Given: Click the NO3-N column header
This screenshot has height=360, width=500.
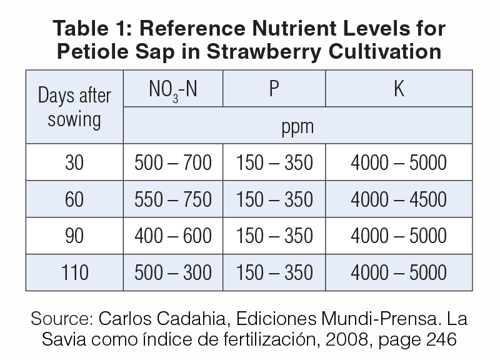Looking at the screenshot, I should tap(172, 90).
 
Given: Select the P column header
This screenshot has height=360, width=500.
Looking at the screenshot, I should tap(274, 89).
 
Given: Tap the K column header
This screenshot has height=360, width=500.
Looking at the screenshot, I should tap(399, 89).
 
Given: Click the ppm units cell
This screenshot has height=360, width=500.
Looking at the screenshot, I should tap(297, 127).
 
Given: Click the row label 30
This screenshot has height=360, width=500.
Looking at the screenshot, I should tap(74, 163).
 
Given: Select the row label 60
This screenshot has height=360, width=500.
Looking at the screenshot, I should tap(74, 199).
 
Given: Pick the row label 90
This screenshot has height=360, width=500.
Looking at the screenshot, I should tap(74, 236).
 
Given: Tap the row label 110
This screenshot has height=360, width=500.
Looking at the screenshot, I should tap(74, 272).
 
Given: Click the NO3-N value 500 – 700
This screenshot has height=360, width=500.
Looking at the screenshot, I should tap(173, 163).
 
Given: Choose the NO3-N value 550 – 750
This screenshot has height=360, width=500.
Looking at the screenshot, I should tap(173, 199).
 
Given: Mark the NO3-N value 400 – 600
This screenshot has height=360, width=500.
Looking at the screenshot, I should tap(173, 236).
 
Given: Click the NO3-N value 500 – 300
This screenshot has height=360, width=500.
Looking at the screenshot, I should tap(173, 272).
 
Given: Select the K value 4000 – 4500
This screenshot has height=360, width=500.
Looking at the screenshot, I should tap(399, 199).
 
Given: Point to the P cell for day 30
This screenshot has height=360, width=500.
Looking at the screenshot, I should tap(274, 163).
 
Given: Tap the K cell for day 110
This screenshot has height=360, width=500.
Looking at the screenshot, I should tap(399, 272).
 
